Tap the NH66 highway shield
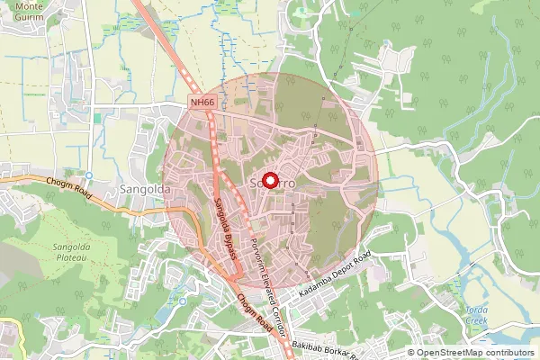pos(202,103)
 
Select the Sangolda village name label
pos(141,190)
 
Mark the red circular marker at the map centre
pos(269,181)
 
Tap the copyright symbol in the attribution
pos(411,353)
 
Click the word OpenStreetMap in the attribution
pos(448,353)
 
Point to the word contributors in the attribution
pos(508,353)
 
